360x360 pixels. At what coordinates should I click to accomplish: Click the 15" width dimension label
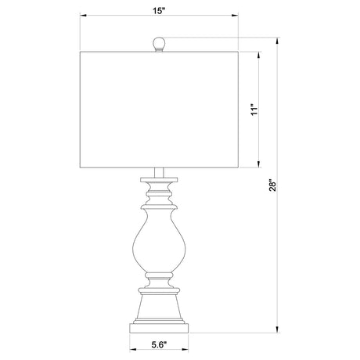click(159, 11)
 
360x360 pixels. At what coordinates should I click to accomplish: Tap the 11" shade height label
click(254, 110)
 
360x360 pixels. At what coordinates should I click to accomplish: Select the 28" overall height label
click(272, 185)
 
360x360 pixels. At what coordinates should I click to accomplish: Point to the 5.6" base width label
click(159, 345)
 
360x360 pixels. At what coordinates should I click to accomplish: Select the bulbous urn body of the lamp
click(159, 240)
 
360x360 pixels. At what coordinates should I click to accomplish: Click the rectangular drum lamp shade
click(159, 110)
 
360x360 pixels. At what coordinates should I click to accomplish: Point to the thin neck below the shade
click(159, 173)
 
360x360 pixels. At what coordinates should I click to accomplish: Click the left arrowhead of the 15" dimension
click(83, 16)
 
